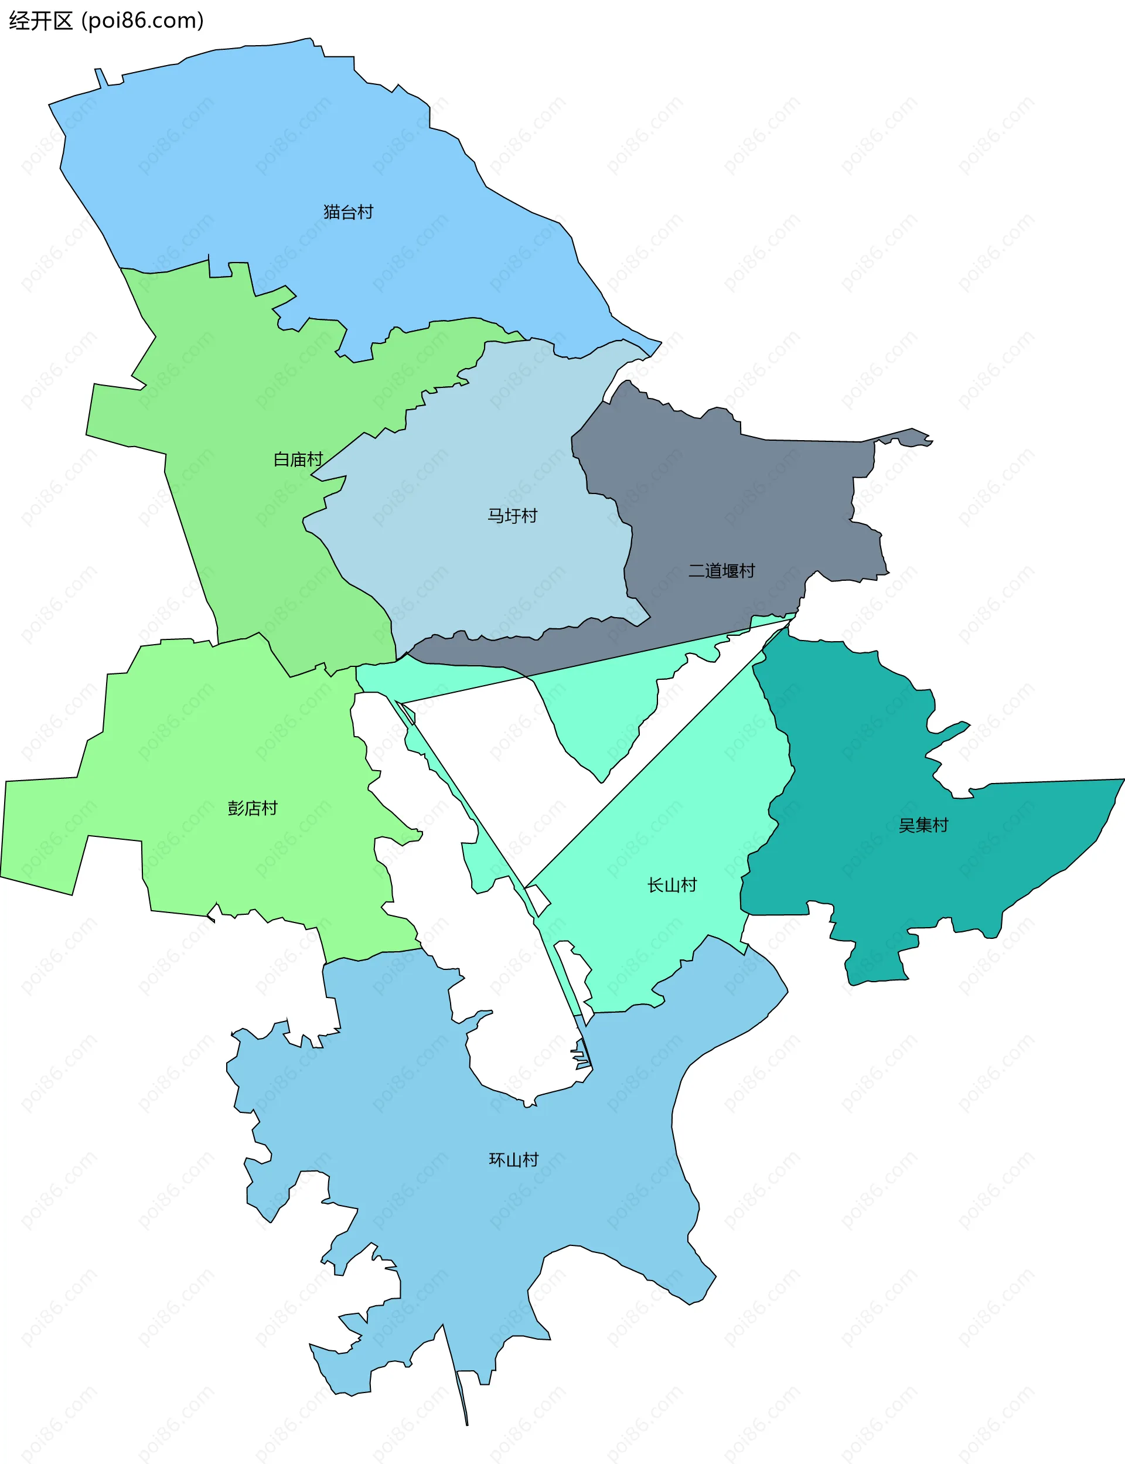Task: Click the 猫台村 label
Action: tap(348, 212)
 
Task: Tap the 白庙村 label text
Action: tap(298, 459)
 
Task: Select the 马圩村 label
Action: tap(512, 516)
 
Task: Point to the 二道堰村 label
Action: tap(722, 571)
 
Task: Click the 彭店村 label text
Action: tap(253, 808)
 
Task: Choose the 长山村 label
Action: tap(671, 886)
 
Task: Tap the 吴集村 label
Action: tap(923, 825)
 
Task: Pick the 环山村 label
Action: tap(514, 1160)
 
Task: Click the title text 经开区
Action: tap(40, 21)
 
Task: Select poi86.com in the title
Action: tap(142, 21)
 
